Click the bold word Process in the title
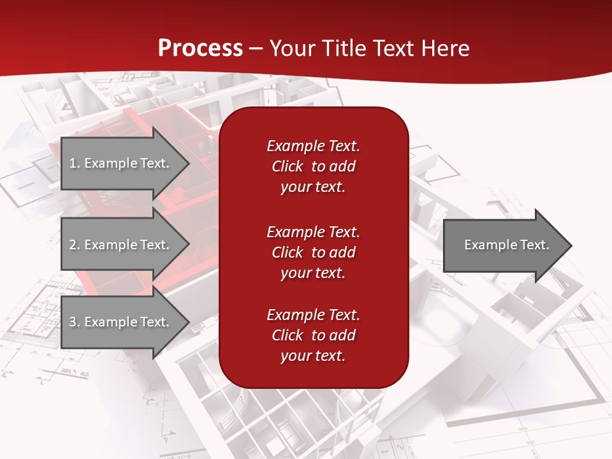(200, 48)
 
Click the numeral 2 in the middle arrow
(73, 245)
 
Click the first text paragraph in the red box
(313, 166)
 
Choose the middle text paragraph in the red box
(313, 252)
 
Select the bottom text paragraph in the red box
(313, 335)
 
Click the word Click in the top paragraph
(288, 166)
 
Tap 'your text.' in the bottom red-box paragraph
(313, 356)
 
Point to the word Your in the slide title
(290, 48)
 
